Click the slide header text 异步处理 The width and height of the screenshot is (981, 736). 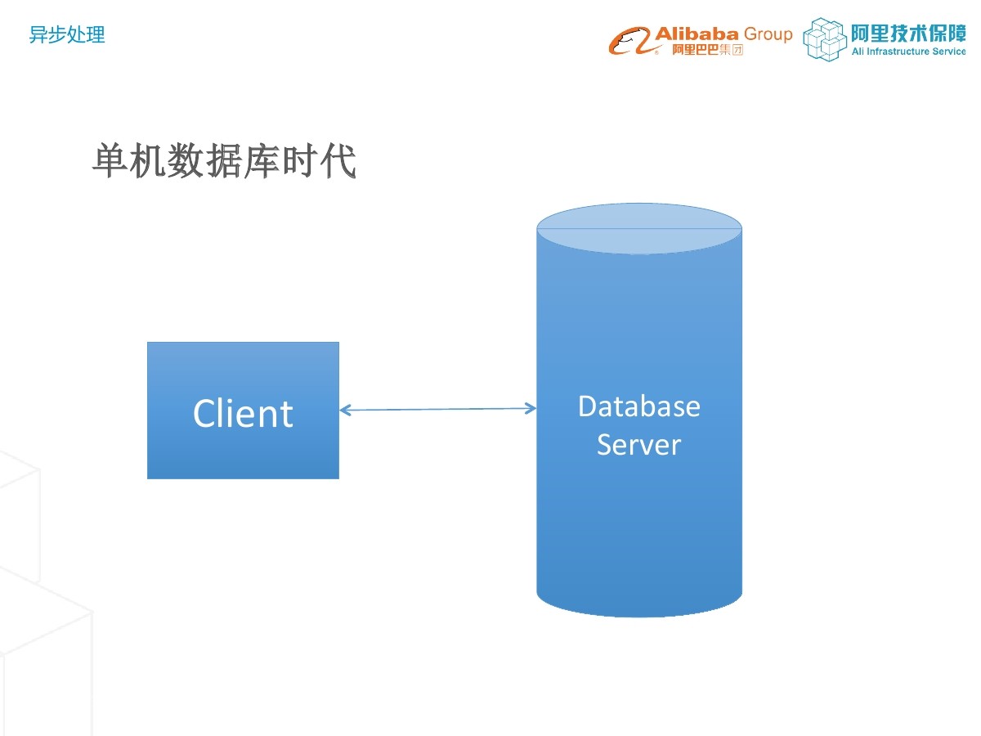point(66,35)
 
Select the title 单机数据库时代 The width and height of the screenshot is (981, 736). point(224,161)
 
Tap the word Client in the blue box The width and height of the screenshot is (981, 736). point(243,413)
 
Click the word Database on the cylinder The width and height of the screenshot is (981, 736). point(639,406)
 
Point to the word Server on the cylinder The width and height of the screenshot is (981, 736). point(638,445)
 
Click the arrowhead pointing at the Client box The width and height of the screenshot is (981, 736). point(344,410)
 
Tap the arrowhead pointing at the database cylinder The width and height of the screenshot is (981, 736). point(531,408)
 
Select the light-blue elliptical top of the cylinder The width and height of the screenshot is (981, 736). point(639,229)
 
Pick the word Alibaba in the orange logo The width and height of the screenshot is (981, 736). point(697,34)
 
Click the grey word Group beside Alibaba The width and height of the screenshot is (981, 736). point(768,34)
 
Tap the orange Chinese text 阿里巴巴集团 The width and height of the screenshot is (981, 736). point(707,50)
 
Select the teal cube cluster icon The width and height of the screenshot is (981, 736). point(825,39)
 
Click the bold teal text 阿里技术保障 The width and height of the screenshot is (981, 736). point(908,33)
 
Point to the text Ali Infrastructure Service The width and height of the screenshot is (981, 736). point(908,52)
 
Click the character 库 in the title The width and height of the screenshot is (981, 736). point(262,161)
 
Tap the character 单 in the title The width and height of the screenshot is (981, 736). point(111,161)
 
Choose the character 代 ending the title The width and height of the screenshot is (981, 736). point(338,161)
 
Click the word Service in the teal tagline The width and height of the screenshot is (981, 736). point(948,52)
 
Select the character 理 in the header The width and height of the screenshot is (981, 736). point(96,35)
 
